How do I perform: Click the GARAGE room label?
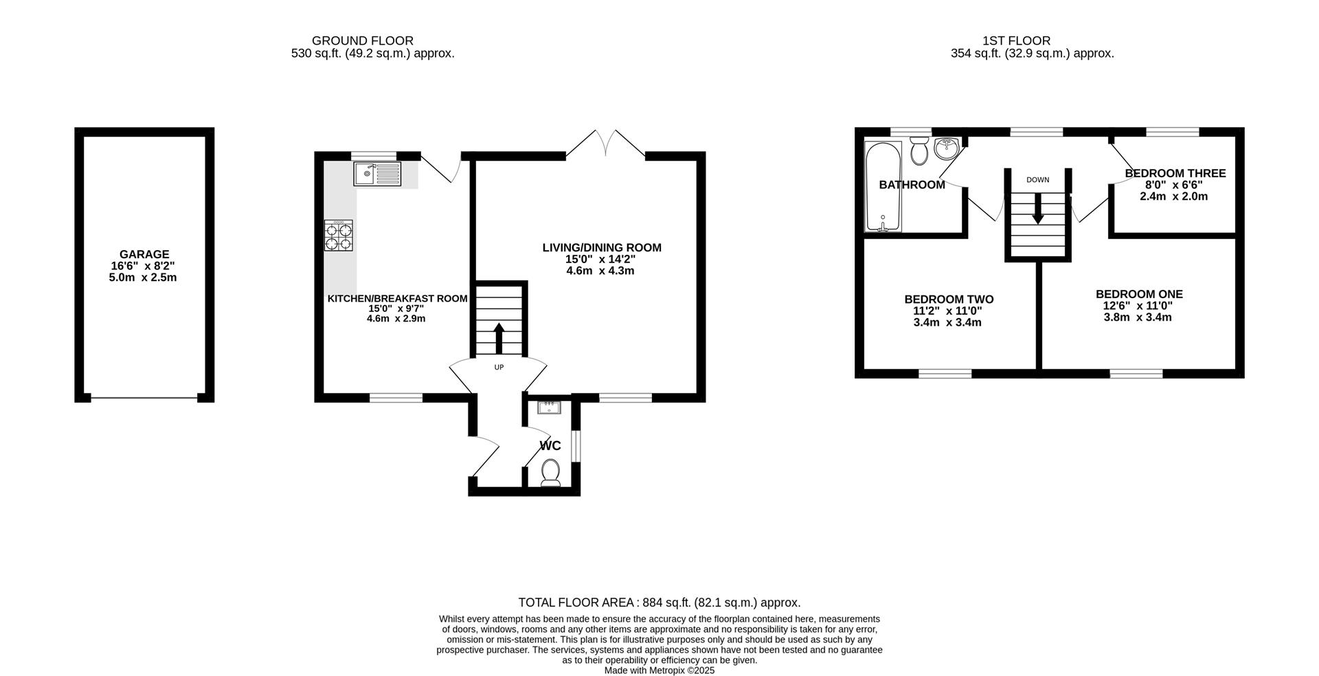144,254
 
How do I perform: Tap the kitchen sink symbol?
377,174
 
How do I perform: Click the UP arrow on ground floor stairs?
499,337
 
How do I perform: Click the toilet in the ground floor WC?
550,472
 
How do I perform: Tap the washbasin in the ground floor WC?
550,408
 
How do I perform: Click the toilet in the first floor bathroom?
918,151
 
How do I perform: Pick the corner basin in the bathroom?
947,148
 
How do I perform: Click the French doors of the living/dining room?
606,144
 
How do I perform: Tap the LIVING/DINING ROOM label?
602,247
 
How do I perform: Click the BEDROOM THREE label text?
1175,173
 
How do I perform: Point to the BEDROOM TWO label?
949,300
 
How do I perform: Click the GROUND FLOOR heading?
363,41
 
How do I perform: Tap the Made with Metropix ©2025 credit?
659,671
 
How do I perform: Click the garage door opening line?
144,398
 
